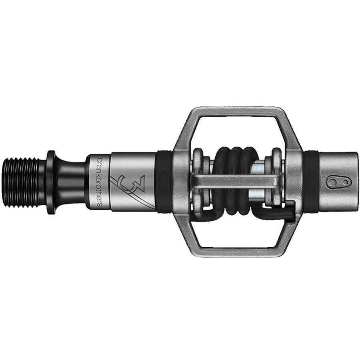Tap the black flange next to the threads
pos(51,182)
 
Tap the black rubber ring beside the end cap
pos(311,182)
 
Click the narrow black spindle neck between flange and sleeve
pos(72,182)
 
